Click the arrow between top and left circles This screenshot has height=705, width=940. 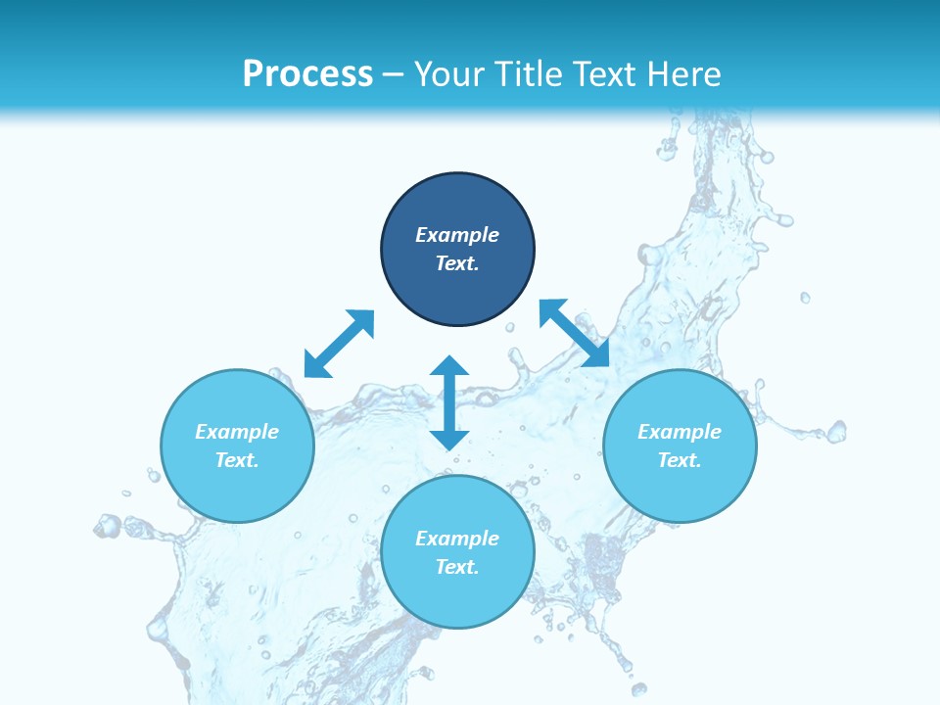pyautogui.click(x=339, y=344)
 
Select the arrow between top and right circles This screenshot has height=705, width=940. pyautogui.click(x=575, y=333)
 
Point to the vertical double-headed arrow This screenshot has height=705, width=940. pyautogui.click(x=449, y=402)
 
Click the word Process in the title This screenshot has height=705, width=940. pyautogui.click(x=307, y=73)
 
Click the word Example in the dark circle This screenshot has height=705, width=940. pyautogui.click(x=457, y=235)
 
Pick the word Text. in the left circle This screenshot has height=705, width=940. pyautogui.click(x=237, y=460)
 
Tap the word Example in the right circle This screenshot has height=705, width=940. pyautogui.click(x=680, y=432)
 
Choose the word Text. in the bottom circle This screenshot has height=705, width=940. pyautogui.click(x=457, y=567)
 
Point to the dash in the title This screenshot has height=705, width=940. pyautogui.click(x=394, y=74)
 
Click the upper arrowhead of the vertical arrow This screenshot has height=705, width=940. pyautogui.click(x=449, y=367)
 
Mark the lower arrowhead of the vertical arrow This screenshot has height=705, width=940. pyautogui.click(x=449, y=438)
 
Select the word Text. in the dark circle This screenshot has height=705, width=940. pyautogui.click(x=457, y=263)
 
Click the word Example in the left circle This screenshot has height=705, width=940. pyautogui.click(x=237, y=432)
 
